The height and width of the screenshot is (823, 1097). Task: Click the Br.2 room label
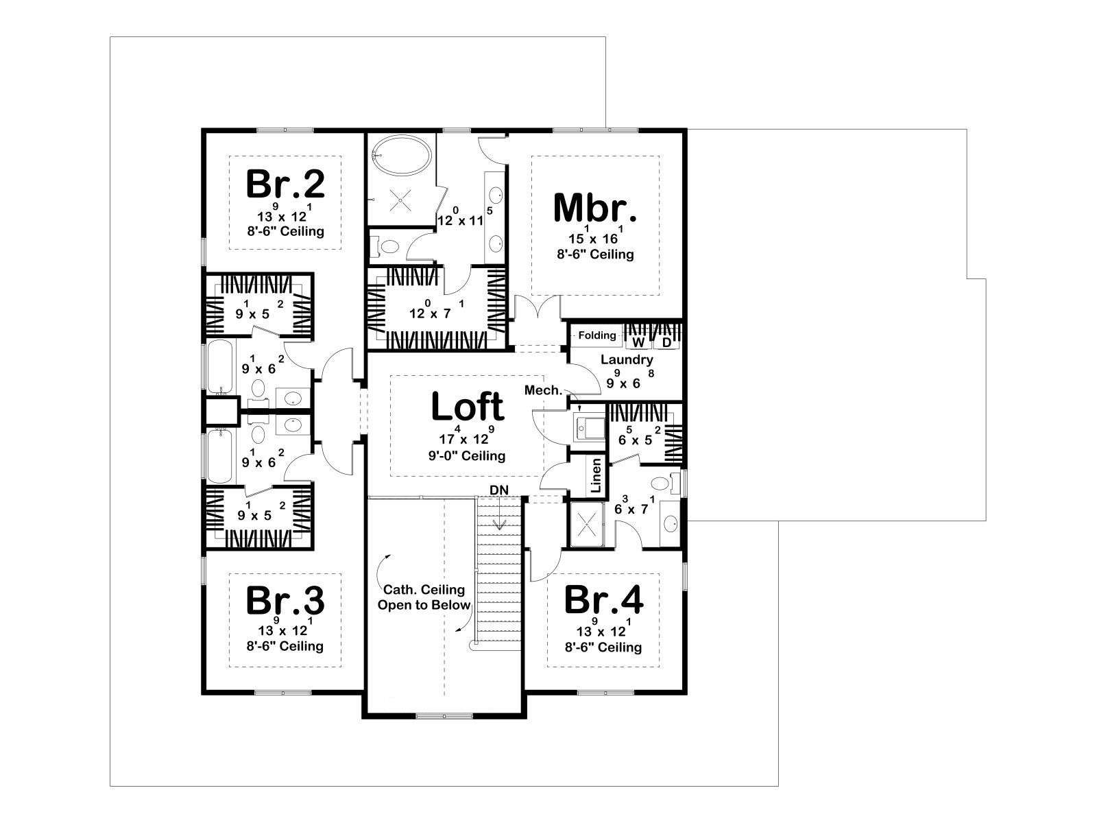coord(285,184)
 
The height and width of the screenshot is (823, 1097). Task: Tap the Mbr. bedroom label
coord(595,207)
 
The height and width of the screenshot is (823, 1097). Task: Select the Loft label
coord(468,406)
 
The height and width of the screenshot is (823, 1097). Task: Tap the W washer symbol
coord(639,342)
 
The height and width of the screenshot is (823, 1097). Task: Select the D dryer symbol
coord(666,342)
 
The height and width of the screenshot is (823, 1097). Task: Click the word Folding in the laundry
coord(597,335)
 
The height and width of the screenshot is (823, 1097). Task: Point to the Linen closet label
coord(596,476)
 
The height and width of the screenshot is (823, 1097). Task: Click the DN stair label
coord(498,490)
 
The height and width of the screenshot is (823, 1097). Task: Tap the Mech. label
coord(543,390)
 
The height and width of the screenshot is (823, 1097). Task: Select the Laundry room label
coord(627,359)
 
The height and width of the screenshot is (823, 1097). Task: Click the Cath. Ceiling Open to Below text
coord(424,597)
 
